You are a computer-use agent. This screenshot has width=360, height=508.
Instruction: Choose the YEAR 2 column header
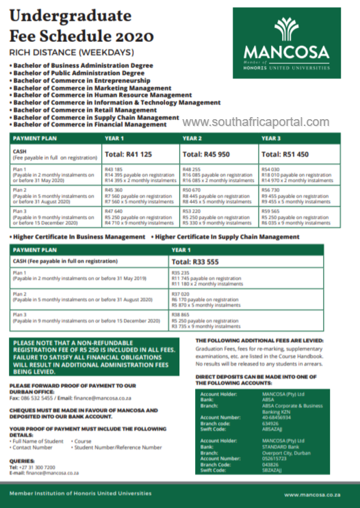[x=192, y=138]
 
